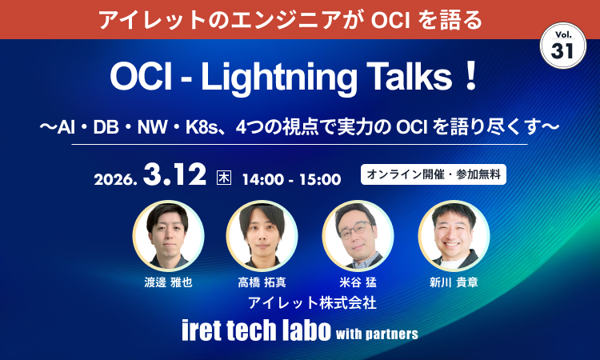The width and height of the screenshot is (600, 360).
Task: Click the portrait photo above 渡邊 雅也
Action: [168, 235]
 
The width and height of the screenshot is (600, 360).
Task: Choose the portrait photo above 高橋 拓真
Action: [262, 235]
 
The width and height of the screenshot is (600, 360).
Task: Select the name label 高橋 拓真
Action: [262, 282]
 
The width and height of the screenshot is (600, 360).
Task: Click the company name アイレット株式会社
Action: [312, 303]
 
